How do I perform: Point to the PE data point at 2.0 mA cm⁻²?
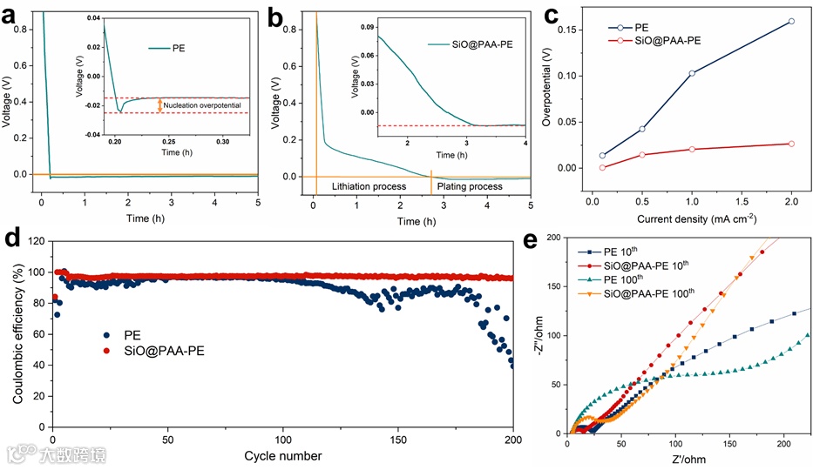791,21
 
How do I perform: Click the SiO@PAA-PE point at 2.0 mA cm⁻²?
791,144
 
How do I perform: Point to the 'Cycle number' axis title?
283,456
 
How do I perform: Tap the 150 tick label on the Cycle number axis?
398,440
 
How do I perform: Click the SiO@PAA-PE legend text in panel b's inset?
480,42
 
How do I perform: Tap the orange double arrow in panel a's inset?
159,105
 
